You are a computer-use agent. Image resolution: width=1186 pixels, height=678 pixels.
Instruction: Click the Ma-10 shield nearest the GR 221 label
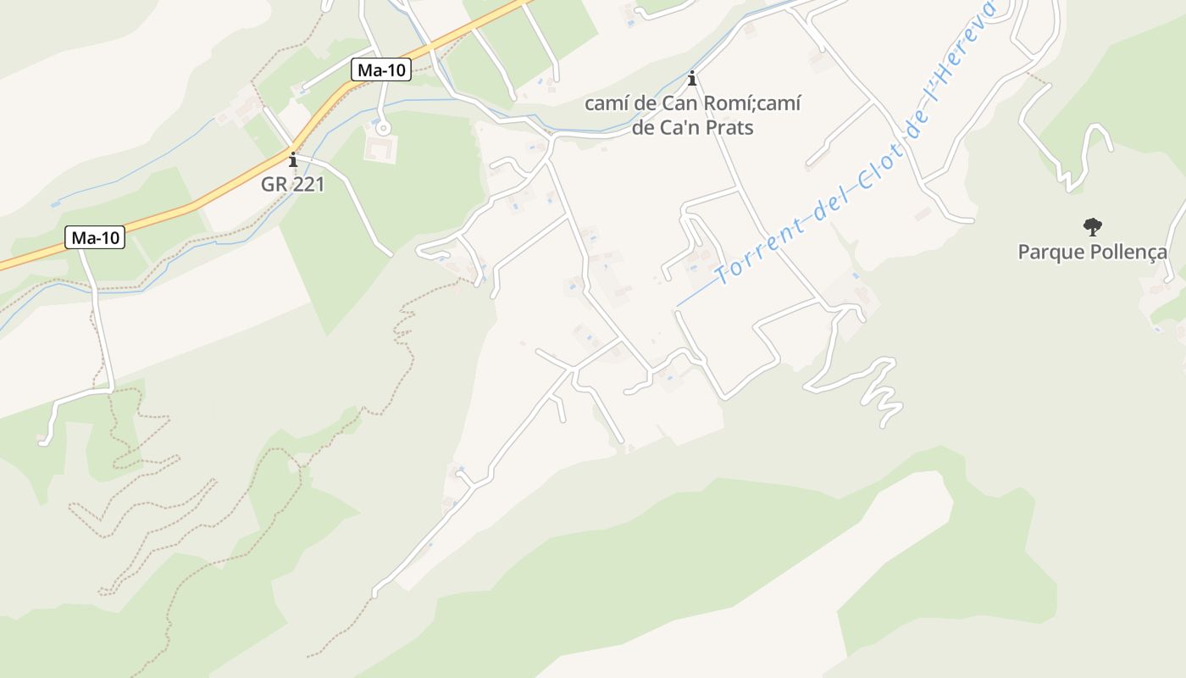[x=381, y=70]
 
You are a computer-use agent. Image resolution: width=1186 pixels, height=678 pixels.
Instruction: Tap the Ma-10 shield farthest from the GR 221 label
[x=95, y=238]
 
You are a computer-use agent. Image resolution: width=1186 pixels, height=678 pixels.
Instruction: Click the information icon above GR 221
[x=293, y=159]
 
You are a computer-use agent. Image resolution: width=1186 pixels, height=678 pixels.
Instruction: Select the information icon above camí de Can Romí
[x=693, y=79]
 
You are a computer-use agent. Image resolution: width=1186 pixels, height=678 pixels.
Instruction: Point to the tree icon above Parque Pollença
[x=1092, y=226]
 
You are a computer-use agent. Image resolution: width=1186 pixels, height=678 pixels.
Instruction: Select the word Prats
[x=732, y=128]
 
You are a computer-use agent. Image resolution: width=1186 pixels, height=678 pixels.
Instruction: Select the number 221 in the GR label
[x=309, y=184]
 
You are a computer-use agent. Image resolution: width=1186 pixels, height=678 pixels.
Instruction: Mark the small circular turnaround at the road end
[x=384, y=129]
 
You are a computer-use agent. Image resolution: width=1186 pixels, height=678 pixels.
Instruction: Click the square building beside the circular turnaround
[x=380, y=149]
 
